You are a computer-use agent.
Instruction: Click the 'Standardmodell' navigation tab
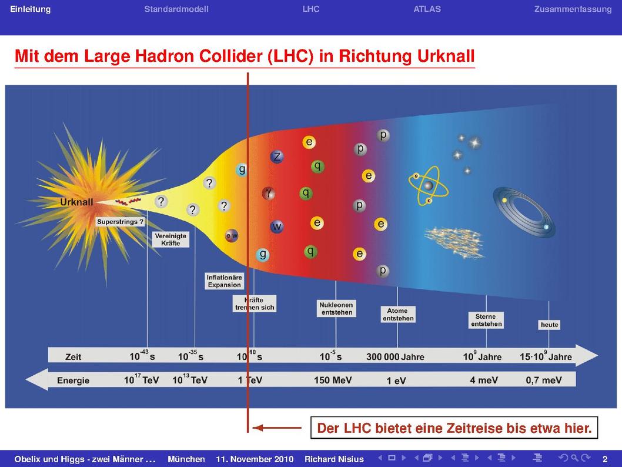176,9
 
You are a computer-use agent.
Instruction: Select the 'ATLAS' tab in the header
427,9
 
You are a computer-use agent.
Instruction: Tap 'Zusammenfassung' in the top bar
573,9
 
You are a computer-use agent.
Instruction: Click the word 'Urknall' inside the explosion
76,202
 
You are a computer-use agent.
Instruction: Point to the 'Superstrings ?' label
120,222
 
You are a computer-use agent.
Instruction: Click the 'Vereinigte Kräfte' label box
170,239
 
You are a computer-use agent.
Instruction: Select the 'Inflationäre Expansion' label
224,281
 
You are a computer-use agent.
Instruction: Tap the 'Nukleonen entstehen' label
336,308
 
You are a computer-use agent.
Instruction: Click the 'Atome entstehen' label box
398,314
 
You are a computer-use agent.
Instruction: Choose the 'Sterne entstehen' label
486,320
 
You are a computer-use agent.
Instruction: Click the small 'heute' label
550,325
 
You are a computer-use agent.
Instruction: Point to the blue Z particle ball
277,156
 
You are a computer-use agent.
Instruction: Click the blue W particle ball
276,226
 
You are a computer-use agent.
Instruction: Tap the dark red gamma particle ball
269,194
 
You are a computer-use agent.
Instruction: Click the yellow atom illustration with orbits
429,186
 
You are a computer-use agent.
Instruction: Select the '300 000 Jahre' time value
395,356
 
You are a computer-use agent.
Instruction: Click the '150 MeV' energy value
333,380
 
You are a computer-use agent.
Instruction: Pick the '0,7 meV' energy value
544,380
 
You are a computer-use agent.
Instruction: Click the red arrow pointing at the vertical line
277,428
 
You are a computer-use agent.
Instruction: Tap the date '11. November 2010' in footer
255,459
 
